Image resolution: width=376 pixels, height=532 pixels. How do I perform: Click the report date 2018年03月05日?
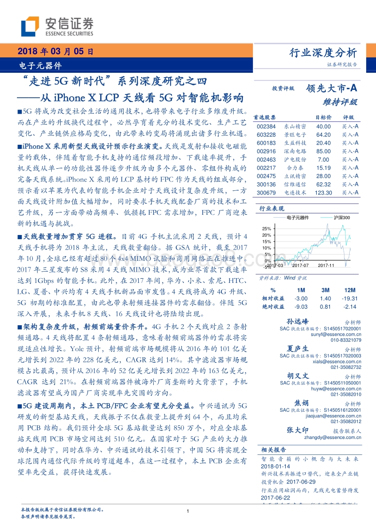(55, 51)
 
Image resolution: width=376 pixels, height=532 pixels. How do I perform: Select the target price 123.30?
(323, 192)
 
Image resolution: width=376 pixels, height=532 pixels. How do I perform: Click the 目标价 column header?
(323, 117)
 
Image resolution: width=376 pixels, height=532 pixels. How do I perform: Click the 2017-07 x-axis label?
(299, 266)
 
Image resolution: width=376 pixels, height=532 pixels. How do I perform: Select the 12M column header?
(350, 290)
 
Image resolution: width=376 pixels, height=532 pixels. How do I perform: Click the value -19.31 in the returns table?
(350, 298)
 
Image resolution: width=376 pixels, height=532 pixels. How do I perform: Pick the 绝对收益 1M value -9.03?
(301, 306)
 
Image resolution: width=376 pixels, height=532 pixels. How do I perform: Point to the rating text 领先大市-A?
(331, 87)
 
